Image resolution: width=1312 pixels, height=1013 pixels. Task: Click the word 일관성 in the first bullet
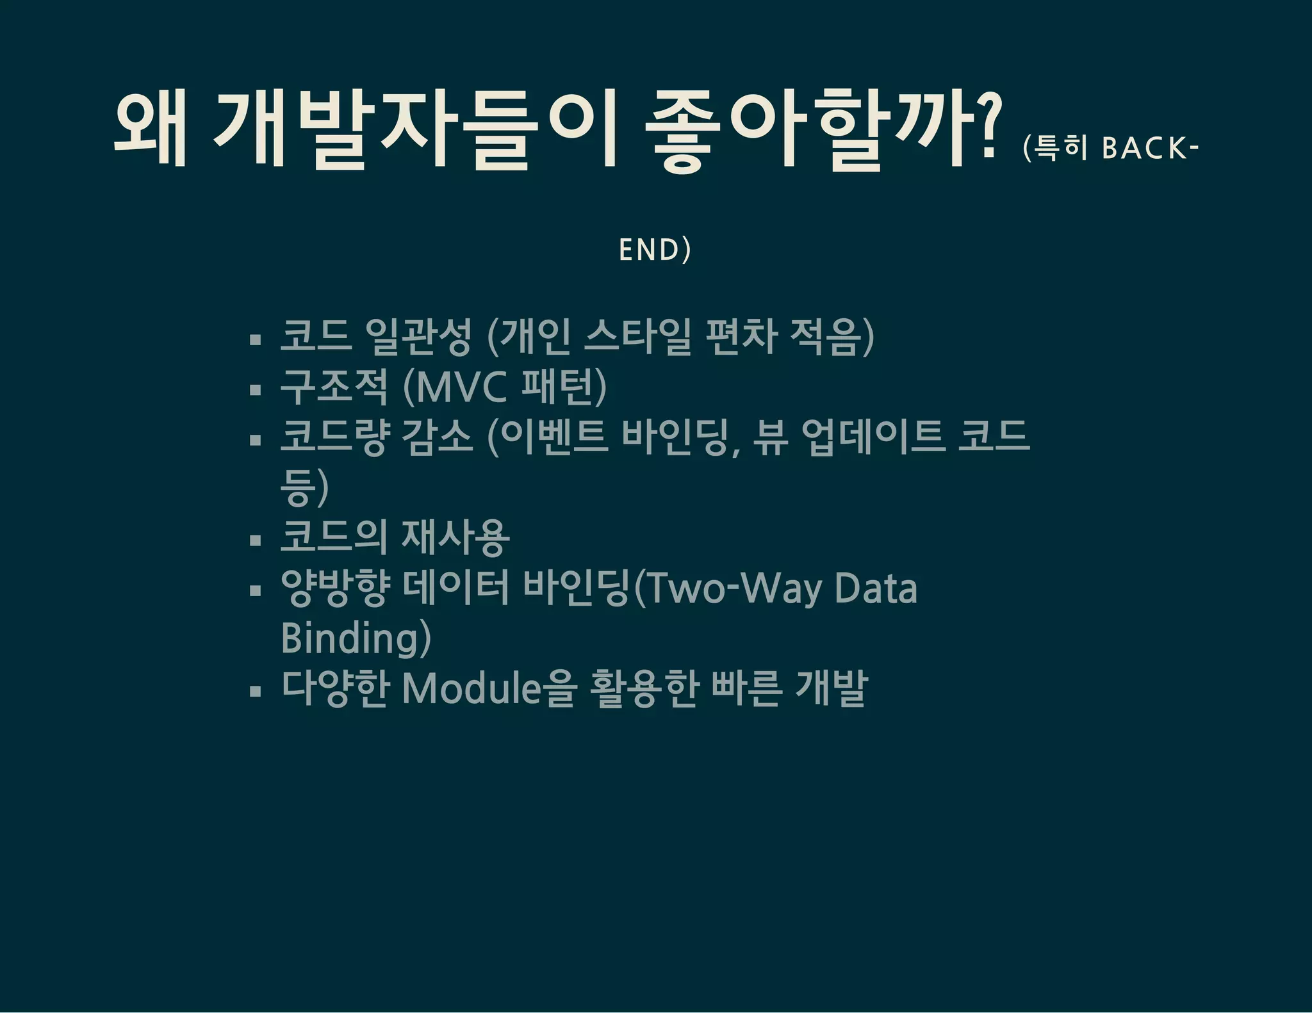[x=418, y=337]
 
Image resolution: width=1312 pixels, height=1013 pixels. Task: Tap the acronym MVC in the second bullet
[x=462, y=387]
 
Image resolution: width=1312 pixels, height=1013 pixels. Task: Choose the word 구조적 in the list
[x=334, y=387]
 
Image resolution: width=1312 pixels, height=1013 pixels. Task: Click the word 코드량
[x=334, y=437]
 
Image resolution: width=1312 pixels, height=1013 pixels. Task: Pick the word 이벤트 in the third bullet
[x=554, y=437]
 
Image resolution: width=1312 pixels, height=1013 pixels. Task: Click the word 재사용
[x=455, y=537]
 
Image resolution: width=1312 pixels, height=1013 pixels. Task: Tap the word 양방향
[x=334, y=588]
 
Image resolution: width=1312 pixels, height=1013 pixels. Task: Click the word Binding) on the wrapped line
[x=356, y=638]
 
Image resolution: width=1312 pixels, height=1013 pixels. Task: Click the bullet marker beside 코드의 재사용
[x=256, y=540]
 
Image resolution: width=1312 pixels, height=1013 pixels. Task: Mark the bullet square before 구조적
[x=256, y=389]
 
